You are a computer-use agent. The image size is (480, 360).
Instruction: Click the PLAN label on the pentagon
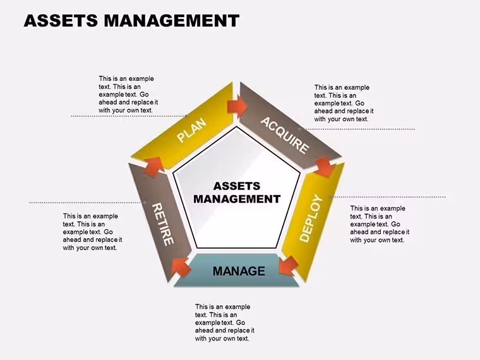pyautogui.click(x=192, y=130)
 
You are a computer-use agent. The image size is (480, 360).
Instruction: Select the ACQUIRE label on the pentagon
pyautogui.click(x=285, y=135)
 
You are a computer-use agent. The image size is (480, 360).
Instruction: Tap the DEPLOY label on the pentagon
pyautogui.click(x=311, y=218)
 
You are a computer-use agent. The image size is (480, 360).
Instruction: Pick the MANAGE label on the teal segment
pyautogui.click(x=239, y=271)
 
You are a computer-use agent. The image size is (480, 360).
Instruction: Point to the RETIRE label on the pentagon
pyautogui.click(x=163, y=224)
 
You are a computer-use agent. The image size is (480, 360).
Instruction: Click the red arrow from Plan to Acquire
pyautogui.click(x=237, y=106)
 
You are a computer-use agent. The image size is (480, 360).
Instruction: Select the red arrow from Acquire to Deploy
pyautogui.click(x=325, y=167)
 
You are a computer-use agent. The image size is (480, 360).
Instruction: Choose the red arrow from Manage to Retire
pyautogui.click(x=181, y=267)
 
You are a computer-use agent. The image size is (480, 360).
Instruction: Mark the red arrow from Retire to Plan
pyautogui.click(x=153, y=167)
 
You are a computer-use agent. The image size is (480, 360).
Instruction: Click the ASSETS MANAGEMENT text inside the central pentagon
pyautogui.click(x=237, y=193)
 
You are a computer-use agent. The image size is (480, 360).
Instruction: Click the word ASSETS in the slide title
pyautogui.click(x=61, y=21)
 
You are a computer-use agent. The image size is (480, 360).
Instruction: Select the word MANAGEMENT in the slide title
pyautogui.click(x=171, y=21)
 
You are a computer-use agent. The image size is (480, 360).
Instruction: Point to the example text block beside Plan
pyautogui.click(x=128, y=95)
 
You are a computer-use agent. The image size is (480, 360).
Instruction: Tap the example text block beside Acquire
pyautogui.click(x=344, y=103)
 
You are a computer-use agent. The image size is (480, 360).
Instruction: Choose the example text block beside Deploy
pyautogui.click(x=380, y=224)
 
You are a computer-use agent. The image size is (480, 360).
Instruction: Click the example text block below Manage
pyautogui.click(x=225, y=323)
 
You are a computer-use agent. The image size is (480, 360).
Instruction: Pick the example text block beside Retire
pyautogui.click(x=92, y=232)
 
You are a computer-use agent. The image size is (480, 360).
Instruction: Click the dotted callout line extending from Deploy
pyautogui.click(x=388, y=197)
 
